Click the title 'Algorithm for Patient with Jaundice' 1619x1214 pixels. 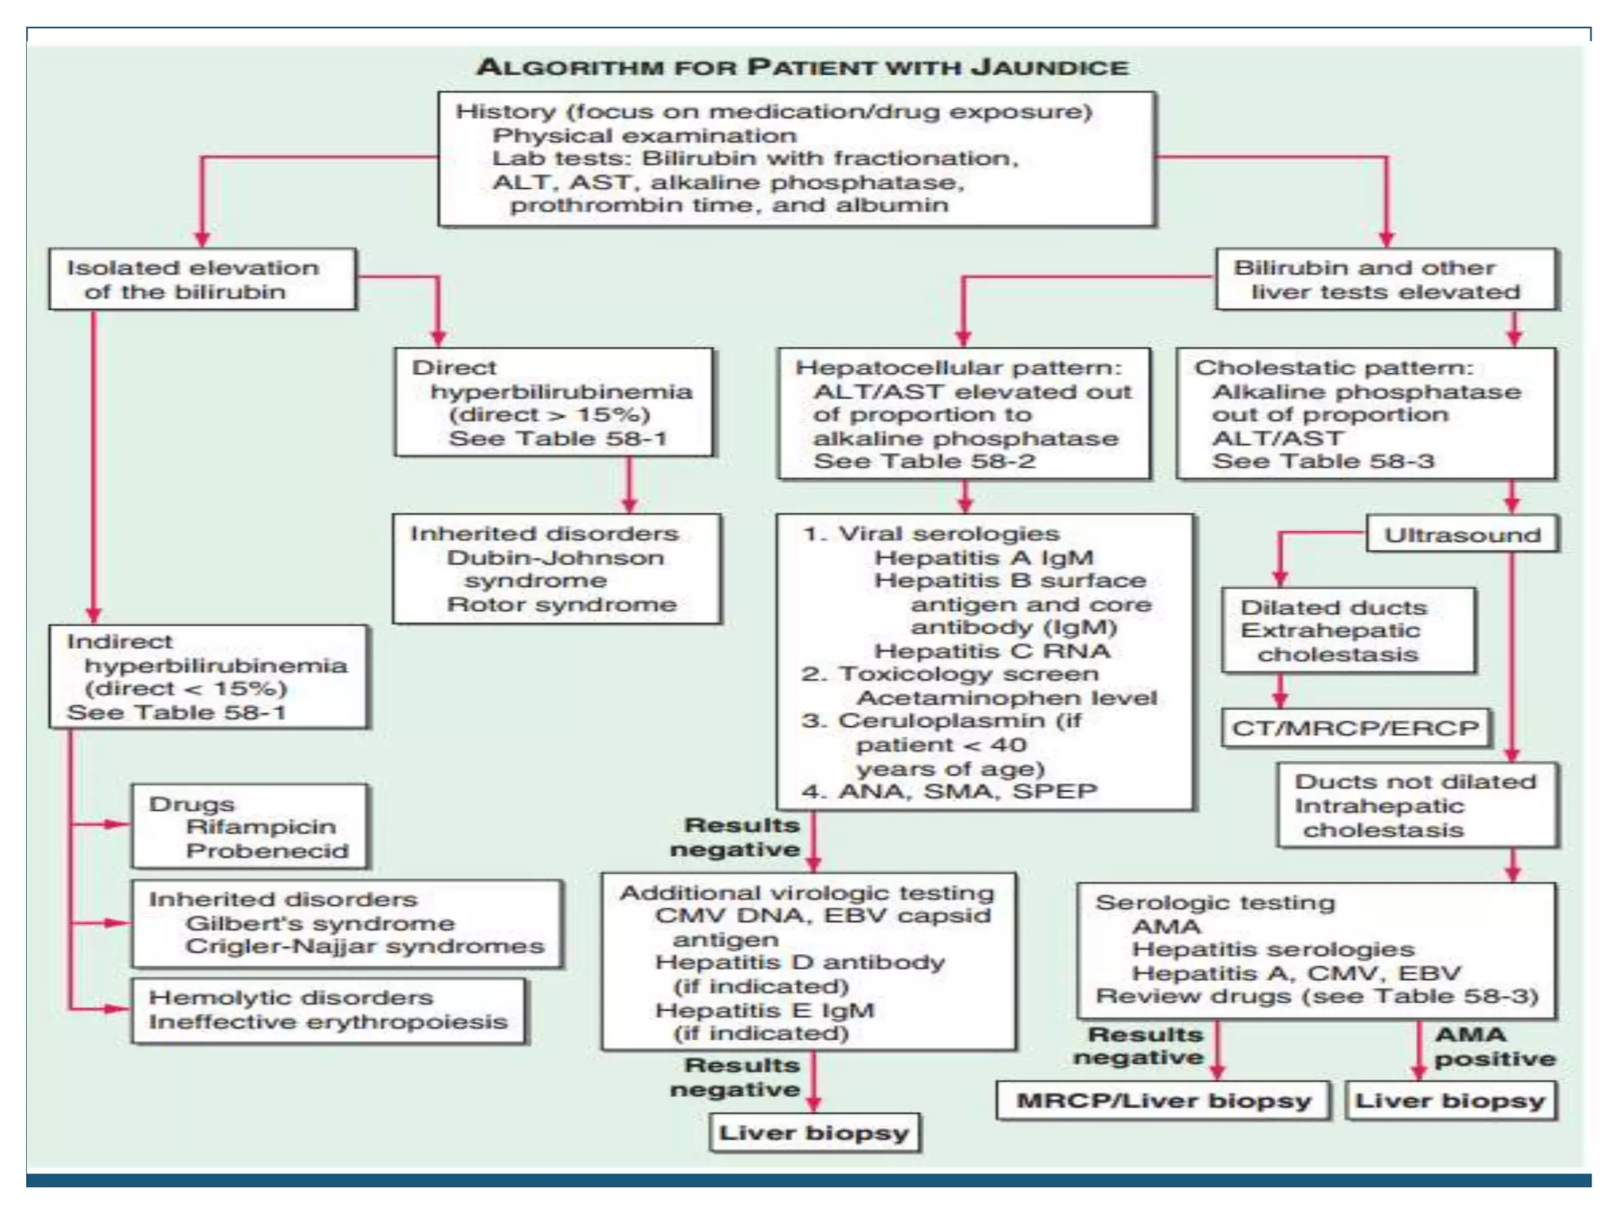[x=802, y=67]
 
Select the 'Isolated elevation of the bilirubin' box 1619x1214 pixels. [x=202, y=279]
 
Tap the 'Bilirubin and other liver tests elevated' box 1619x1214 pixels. [x=1387, y=279]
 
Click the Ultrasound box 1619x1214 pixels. [x=1462, y=534]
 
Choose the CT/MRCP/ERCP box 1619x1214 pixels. [x=1355, y=727]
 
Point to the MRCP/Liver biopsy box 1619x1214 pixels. [x=1163, y=1100]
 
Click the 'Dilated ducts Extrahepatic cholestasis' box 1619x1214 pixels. [x=1348, y=630]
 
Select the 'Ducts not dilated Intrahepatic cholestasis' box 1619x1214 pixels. [x=1417, y=805]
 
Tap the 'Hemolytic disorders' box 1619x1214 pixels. [x=328, y=1010]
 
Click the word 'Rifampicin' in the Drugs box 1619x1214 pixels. [x=261, y=827]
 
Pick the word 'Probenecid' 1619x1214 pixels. [x=267, y=850]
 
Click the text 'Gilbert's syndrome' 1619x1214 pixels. [x=320, y=923]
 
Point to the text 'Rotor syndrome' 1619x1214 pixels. [x=561, y=605]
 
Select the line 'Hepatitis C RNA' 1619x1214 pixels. [x=992, y=650]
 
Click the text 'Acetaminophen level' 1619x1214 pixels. [x=1006, y=698]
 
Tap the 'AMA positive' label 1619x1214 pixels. [x=1493, y=1046]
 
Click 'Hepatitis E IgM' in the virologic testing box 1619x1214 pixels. [x=764, y=1010]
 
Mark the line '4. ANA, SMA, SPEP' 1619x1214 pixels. [x=949, y=791]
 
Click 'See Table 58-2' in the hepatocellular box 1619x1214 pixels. [x=924, y=461]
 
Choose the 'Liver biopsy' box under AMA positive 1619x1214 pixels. [x=1451, y=1100]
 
